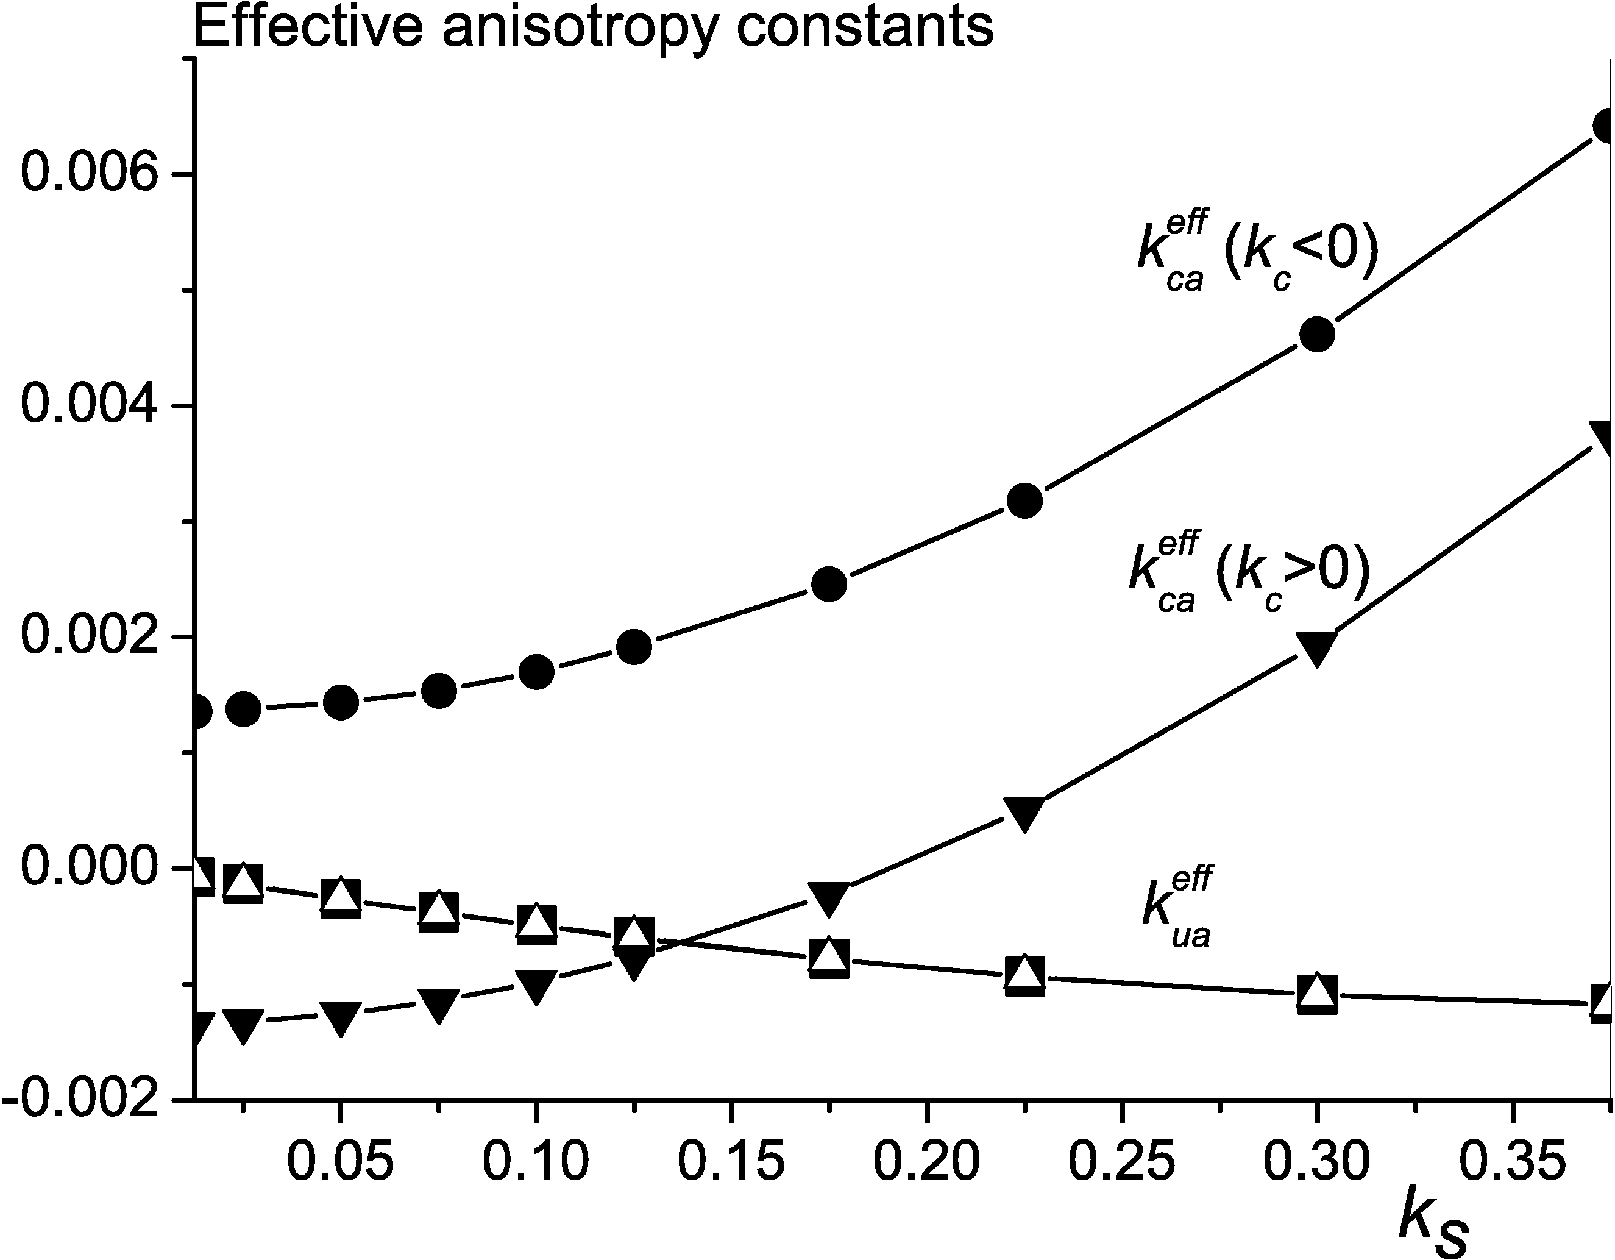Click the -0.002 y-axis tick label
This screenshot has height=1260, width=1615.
[x=81, y=1100]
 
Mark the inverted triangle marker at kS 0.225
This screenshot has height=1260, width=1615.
[x=1024, y=813]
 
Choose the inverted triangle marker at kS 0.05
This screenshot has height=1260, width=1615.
[x=340, y=1018]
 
